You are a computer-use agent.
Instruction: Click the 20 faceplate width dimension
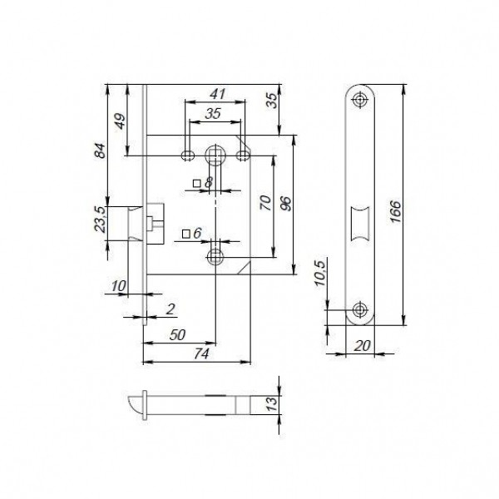click(x=359, y=344)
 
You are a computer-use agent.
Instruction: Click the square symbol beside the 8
click(x=196, y=182)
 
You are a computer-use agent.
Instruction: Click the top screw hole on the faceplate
click(x=359, y=100)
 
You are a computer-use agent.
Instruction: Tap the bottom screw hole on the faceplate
click(x=359, y=309)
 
